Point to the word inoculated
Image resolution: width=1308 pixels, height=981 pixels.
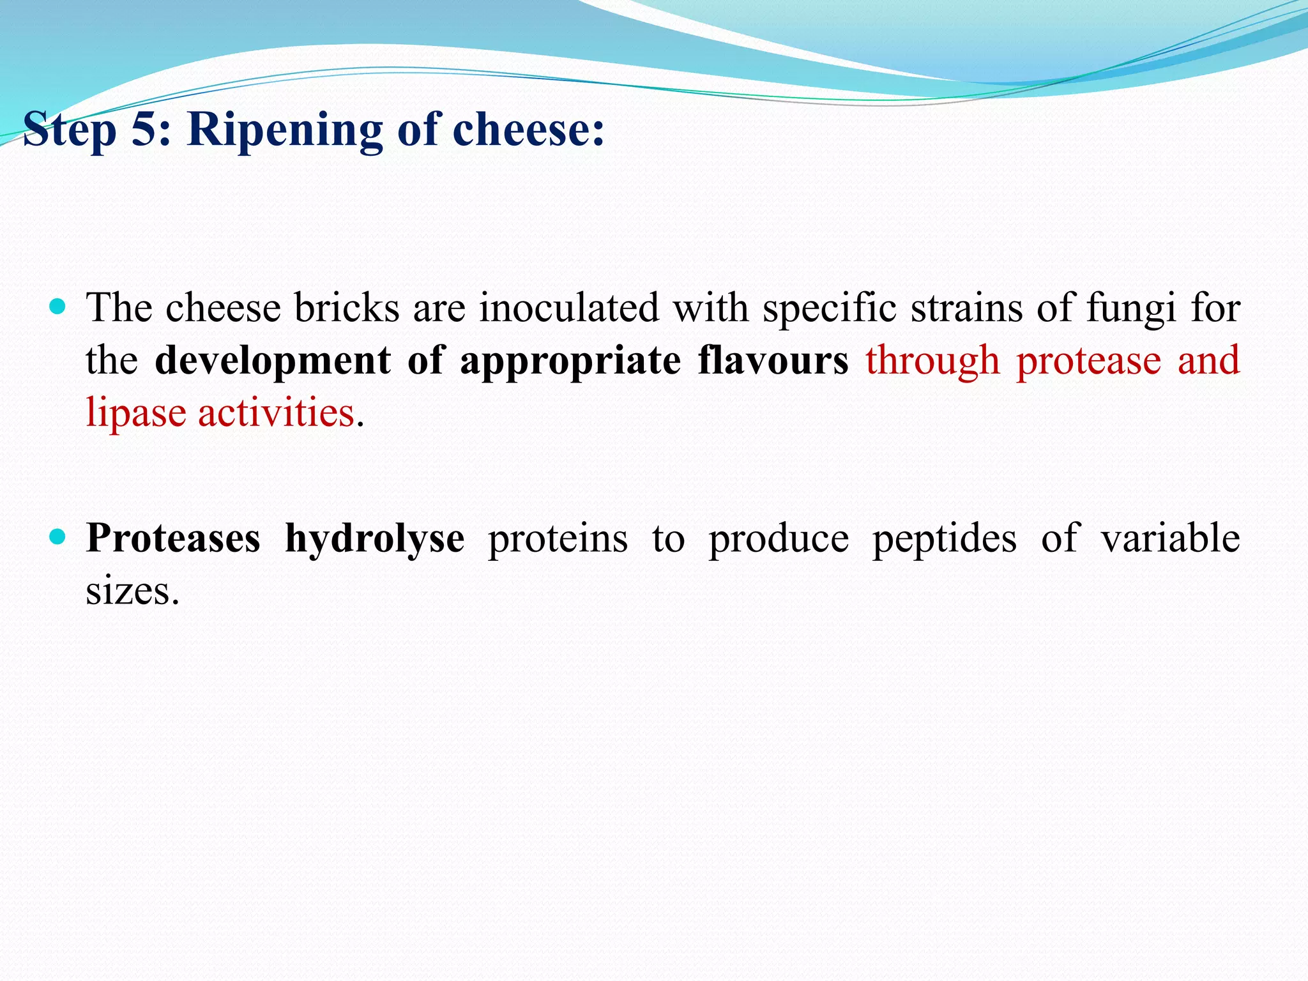coord(568,308)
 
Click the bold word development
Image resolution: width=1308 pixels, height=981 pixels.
coord(273,361)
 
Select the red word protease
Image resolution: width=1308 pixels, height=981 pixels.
coord(1088,361)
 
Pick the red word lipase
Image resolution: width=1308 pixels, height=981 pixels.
coord(136,413)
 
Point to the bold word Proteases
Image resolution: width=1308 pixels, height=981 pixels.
coord(173,538)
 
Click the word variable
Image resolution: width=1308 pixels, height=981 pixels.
coord(1170,538)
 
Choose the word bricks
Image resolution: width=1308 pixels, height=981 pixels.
coord(347,308)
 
